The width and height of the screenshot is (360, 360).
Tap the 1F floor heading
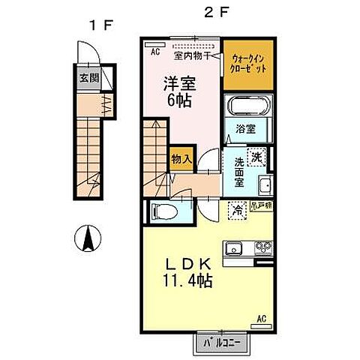coord(99,24)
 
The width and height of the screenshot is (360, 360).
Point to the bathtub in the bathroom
coord(247,106)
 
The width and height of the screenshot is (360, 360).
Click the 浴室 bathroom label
coord(246,128)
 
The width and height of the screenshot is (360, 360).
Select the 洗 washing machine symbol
coord(257,157)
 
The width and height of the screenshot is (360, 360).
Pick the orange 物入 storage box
coord(181,158)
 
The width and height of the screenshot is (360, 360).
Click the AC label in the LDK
coord(263,319)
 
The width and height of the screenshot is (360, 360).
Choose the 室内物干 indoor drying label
coord(190,55)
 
